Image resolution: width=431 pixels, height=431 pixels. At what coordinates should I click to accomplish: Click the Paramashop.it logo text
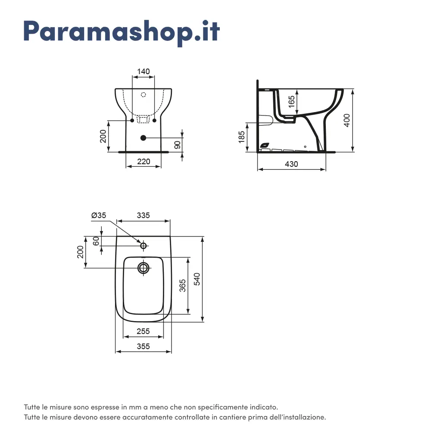[122, 32]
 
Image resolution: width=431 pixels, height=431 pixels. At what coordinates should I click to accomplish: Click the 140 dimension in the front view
[144, 72]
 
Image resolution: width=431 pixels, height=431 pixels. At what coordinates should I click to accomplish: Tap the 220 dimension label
[144, 161]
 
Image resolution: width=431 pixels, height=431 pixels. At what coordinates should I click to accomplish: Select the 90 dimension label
[178, 145]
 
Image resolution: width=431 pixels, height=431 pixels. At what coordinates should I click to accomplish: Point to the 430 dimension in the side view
[291, 164]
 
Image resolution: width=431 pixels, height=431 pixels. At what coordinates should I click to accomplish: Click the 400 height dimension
[347, 120]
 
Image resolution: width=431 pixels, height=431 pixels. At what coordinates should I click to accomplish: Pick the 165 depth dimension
[292, 102]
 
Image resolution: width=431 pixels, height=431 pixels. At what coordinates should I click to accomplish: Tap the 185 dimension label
[241, 137]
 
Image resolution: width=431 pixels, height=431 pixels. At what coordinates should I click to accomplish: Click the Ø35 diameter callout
[99, 215]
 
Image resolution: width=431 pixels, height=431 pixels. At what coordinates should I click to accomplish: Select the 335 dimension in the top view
[143, 215]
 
